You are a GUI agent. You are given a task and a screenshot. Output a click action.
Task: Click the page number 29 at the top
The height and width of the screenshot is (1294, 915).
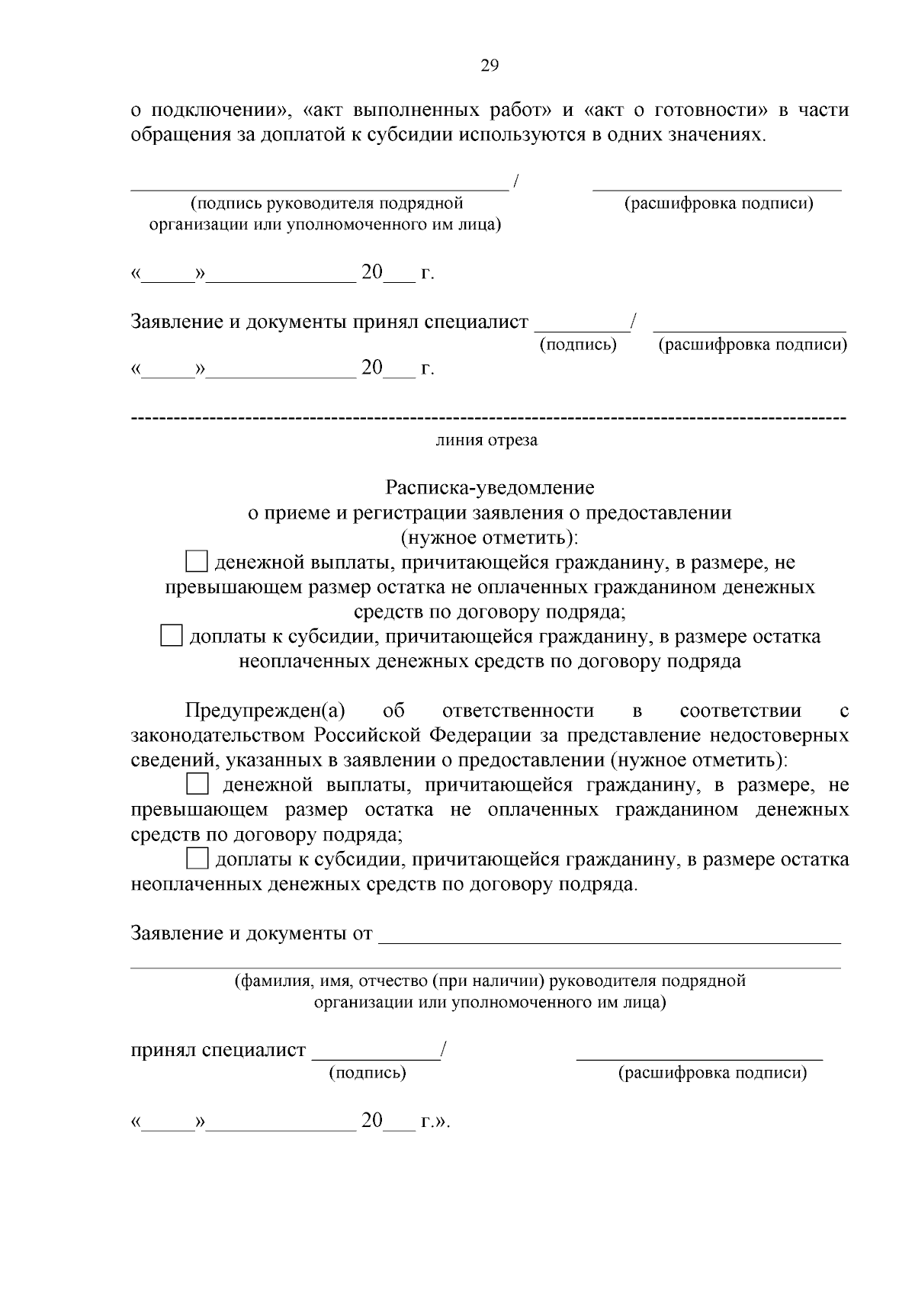point(489,66)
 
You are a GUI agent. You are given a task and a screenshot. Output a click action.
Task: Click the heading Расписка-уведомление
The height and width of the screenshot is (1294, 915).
point(490,487)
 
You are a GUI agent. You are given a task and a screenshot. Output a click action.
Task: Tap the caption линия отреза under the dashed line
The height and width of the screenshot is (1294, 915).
point(486,441)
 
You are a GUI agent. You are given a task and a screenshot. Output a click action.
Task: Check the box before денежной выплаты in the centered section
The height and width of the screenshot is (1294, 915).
point(197,563)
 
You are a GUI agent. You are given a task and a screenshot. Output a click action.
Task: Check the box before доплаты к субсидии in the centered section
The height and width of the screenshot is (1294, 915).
point(172,636)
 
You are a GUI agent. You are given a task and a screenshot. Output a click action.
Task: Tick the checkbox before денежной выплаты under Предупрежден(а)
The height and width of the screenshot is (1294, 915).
point(197,785)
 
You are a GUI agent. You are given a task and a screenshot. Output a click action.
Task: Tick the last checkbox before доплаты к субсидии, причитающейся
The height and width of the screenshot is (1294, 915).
point(197,859)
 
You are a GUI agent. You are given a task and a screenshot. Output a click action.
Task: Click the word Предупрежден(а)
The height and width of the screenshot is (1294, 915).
point(265,711)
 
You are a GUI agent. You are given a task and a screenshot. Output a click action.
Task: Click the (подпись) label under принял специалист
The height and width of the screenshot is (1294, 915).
point(367,1074)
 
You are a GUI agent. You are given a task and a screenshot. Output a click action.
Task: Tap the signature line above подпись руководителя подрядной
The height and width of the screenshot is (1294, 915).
point(319,188)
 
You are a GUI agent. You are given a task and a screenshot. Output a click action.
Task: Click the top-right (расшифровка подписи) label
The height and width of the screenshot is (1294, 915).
point(718,204)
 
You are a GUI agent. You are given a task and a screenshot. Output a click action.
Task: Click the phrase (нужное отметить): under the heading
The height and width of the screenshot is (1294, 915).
point(490,538)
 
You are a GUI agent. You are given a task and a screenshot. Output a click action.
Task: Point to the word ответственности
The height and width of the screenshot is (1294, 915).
point(518,711)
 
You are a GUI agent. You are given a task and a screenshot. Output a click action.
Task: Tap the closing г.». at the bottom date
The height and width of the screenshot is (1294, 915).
point(436,1122)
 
